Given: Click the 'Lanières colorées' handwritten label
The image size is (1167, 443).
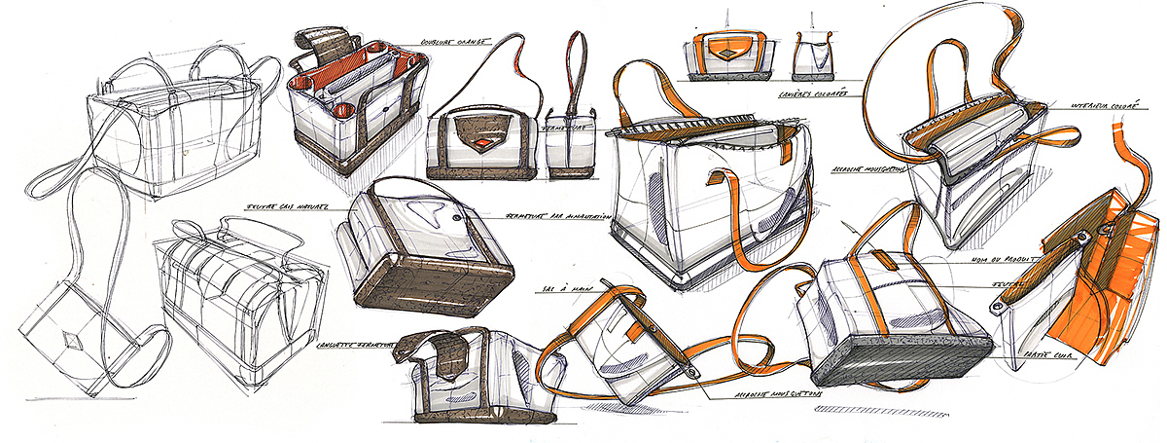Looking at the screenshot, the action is pyautogui.click(x=812, y=94).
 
